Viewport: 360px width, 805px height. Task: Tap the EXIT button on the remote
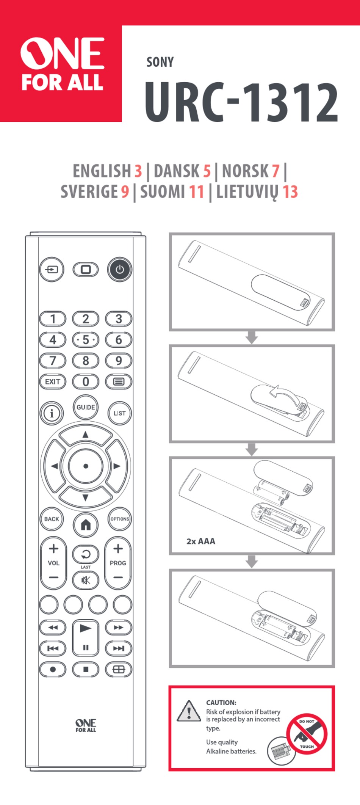click(x=53, y=381)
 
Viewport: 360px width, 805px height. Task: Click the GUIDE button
click(x=86, y=407)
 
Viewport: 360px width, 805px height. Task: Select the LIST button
click(x=119, y=413)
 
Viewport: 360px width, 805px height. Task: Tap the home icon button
click(x=86, y=525)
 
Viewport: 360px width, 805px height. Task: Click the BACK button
click(x=52, y=519)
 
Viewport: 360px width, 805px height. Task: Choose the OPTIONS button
click(x=120, y=519)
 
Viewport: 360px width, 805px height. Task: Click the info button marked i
click(x=52, y=413)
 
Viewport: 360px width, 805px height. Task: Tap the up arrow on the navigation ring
click(x=86, y=435)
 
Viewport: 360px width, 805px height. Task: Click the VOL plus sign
click(x=53, y=549)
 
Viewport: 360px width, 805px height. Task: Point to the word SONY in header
click(x=160, y=62)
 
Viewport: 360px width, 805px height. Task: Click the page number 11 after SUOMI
click(x=196, y=192)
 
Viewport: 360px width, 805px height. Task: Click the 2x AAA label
click(x=200, y=541)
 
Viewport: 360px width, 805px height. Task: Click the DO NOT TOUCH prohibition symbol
click(x=306, y=734)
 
